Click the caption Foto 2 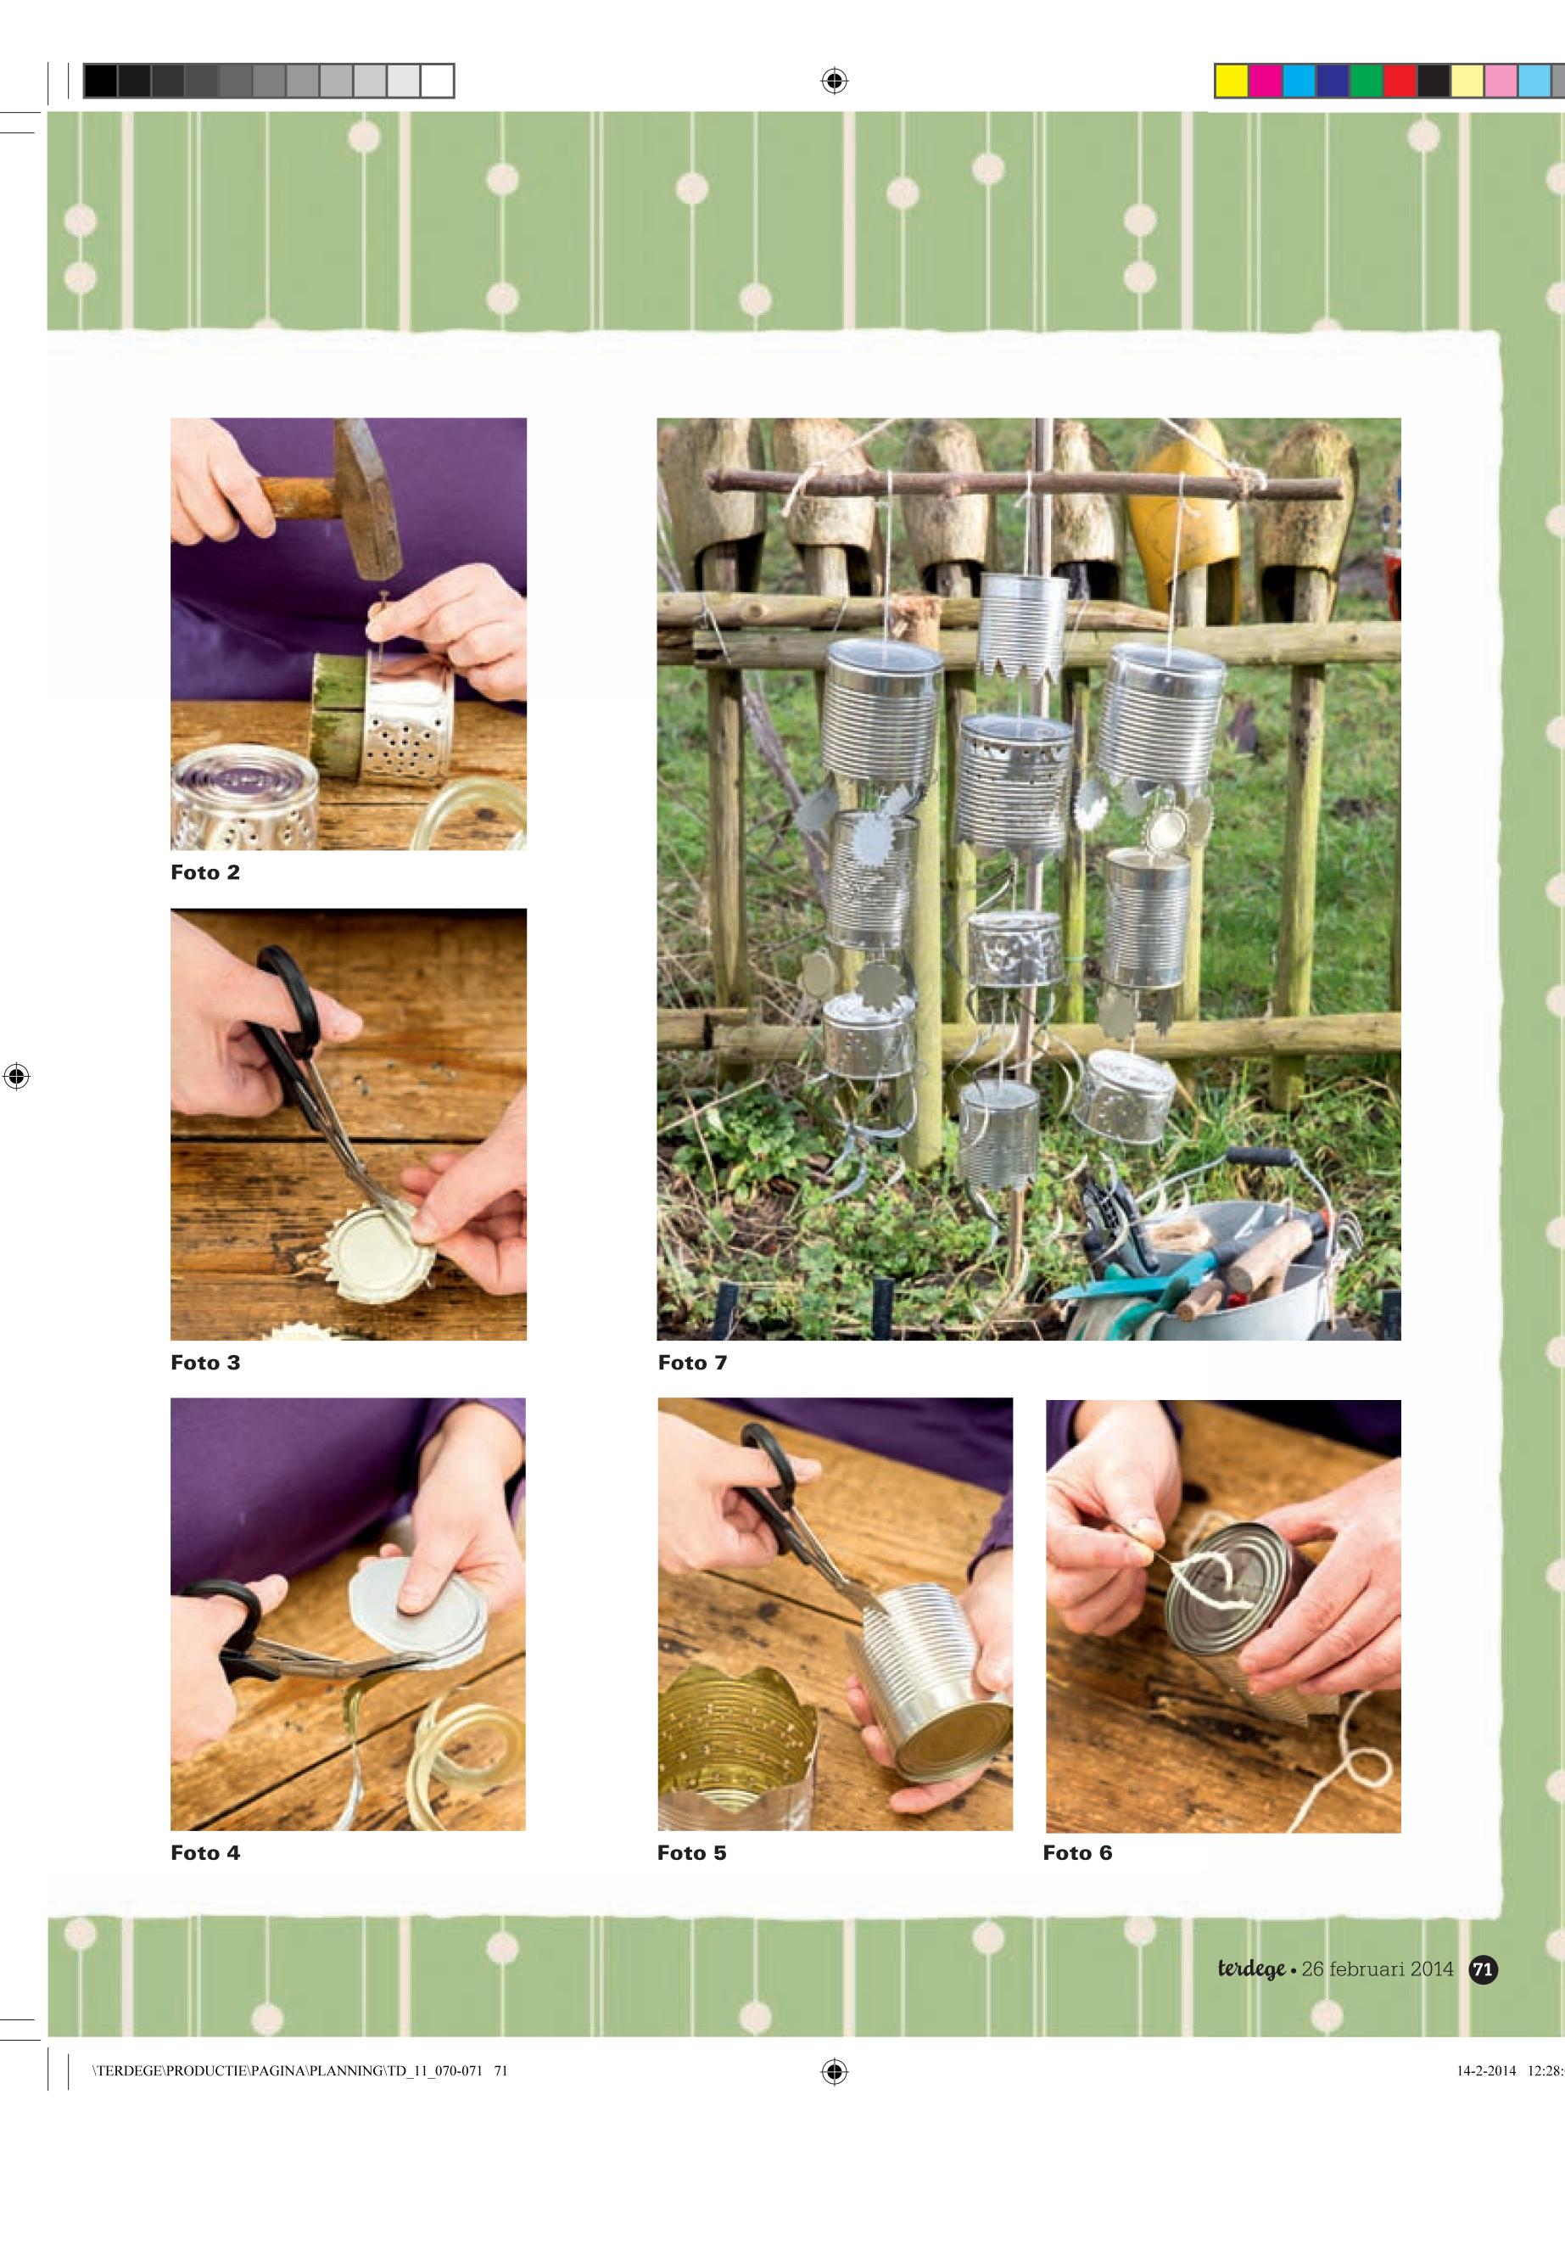pyautogui.click(x=205, y=873)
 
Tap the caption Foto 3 pyautogui.click(x=205, y=1363)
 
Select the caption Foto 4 pyautogui.click(x=205, y=1853)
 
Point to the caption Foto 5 pyautogui.click(x=691, y=1853)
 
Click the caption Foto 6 pyautogui.click(x=1077, y=1853)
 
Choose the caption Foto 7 pyautogui.click(x=692, y=1363)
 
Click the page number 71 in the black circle pyautogui.click(x=1484, y=1969)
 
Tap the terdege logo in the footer pyautogui.click(x=1251, y=1969)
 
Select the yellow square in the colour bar pyautogui.click(x=1232, y=81)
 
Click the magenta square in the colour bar pyautogui.click(x=1265, y=81)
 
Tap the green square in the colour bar pyautogui.click(x=1367, y=81)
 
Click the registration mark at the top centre pyautogui.click(x=835, y=81)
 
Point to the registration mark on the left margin pyautogui.click(x=17, y=1076)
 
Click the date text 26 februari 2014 pyautogui.click(x=1378, y=1969)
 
